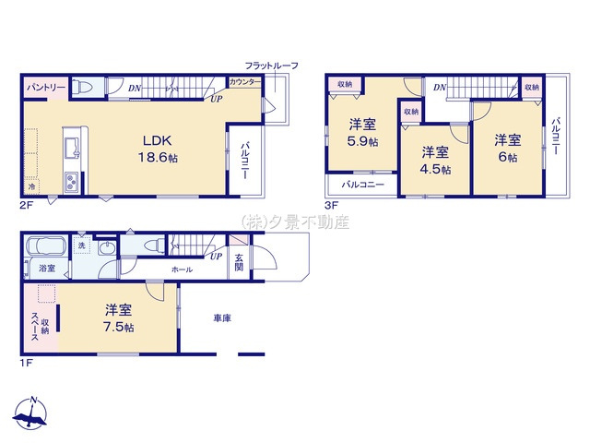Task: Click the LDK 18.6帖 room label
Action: coord(155,149)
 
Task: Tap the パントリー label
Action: coord(45,87)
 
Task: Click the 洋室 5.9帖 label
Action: coord(362,133)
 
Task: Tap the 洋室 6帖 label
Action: coord(507,149)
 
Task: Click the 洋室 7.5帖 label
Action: coord(118,317)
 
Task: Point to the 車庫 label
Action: coord(222,318)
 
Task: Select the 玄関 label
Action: coord(239,261)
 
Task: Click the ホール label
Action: coord(182,269)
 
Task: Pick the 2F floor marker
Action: coord(27,204)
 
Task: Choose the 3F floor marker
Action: coord(330,204)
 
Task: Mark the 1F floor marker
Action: coord(27,363)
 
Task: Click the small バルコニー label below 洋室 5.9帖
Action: coord(361,185)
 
